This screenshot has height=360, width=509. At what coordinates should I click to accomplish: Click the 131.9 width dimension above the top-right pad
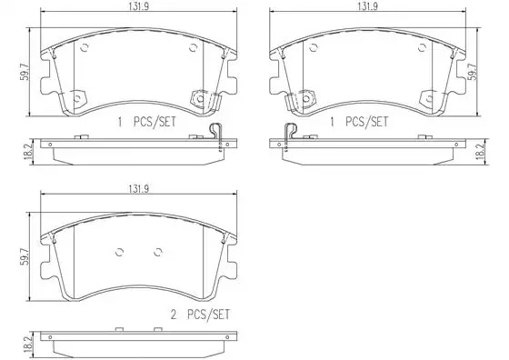click(x=368, y=6)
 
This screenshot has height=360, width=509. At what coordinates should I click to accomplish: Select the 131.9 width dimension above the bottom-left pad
click(x=139, y=189)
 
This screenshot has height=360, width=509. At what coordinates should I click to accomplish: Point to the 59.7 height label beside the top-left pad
click(x=25, y=72)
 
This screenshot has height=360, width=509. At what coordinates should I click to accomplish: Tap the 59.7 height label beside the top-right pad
click(x=474, y=72)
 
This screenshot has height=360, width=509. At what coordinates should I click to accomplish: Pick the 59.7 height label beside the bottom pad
click(x=25, y=256)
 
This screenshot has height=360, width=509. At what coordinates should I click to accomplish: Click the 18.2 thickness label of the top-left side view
click(x=28, y=152)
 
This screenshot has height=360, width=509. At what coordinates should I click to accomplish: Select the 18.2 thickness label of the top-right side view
click(x=481, y=152)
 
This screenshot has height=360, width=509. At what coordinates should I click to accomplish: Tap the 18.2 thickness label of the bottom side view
click(x=28, y=345)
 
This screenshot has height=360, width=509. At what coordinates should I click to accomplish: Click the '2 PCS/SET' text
click(x=200, y=315)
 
